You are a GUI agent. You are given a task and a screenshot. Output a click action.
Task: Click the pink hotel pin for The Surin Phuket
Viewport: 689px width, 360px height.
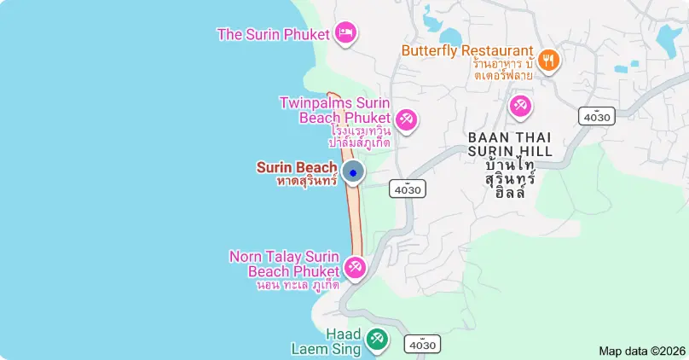(x=345, y=32)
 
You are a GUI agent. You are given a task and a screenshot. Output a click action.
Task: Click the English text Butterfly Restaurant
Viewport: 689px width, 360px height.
(x=467, y=51)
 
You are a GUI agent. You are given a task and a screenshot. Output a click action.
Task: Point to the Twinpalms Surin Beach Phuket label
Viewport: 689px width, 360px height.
(x=334, y=110)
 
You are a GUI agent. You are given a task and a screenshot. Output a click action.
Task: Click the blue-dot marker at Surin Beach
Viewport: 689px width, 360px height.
(x=353, y=173)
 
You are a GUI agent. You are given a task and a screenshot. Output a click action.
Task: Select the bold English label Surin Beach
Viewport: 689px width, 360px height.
(x=297, y=167)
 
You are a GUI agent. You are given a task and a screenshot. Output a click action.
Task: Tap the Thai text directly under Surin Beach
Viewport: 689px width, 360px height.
(x=307, y=181)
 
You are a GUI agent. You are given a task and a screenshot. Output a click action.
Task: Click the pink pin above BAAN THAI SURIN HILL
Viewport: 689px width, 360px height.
(x=520, y=107)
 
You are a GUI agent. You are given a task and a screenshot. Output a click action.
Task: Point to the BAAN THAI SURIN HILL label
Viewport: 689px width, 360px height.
(x=510, y=144)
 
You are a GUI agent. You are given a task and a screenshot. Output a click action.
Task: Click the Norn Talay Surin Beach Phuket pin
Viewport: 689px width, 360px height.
(x=354, y=267)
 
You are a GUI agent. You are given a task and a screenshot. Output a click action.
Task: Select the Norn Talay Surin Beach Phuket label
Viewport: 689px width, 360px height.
(x=285, y=264)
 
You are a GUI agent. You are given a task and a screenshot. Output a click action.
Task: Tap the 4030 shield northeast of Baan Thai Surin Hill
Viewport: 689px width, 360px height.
(x=597, y=116)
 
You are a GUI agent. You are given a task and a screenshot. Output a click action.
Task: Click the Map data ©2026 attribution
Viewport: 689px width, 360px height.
(x=642, y=351)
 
